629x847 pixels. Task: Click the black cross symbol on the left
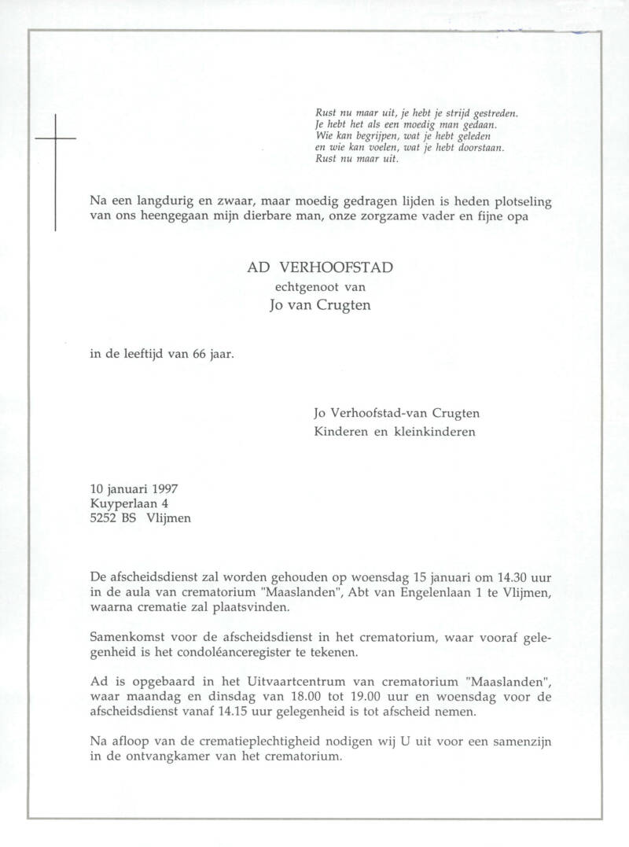click(55, 171)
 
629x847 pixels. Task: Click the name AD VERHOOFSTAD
click(320, 267)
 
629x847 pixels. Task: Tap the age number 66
click(199, 353)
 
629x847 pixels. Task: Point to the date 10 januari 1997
click(134, 489)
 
